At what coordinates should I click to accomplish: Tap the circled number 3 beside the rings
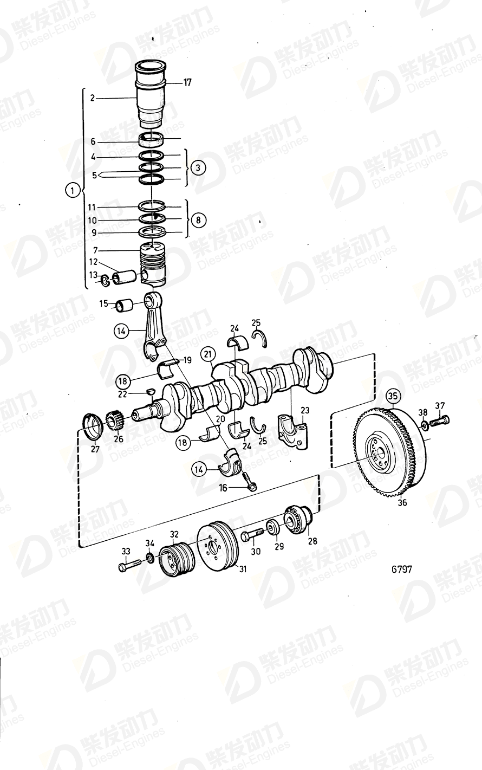(x=198, y=168)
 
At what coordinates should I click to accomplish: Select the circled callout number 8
(x=198, y=220)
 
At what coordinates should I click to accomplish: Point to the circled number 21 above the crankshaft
(x=207, y=354)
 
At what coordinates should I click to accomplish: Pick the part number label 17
(x=187, y=83)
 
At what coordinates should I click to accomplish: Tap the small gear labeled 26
(x=114, y=420)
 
